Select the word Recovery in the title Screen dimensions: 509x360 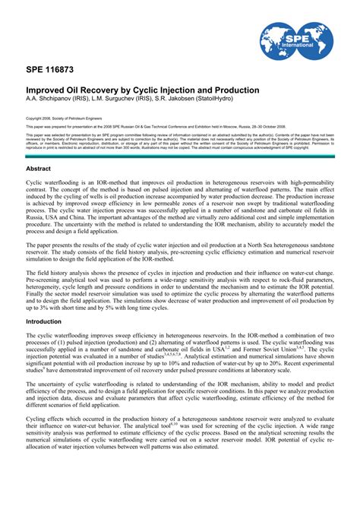pos(95,90)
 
